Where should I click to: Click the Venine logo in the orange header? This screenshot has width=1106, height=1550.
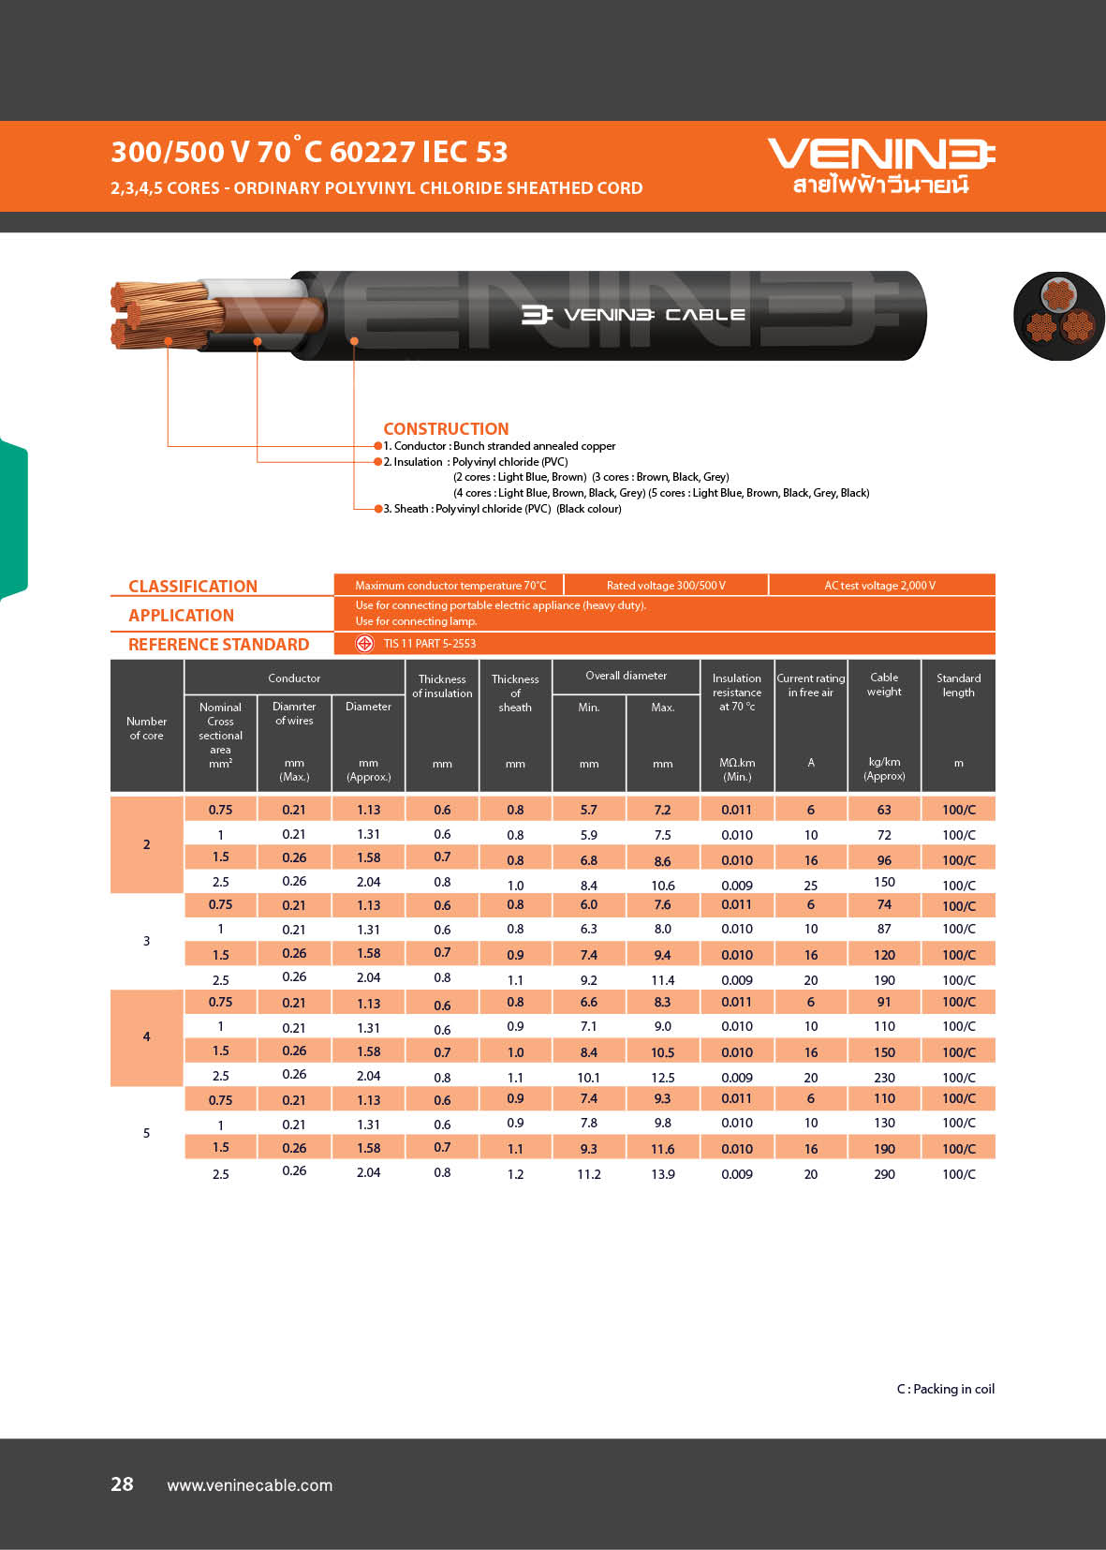[880, 165]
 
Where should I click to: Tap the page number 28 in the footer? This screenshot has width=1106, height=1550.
[122, 1483]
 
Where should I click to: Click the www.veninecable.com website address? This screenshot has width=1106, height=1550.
[249, 1485]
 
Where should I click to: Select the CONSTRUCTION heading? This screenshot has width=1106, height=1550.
[446, 428]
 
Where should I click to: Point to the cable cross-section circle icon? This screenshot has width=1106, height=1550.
[1058, 317]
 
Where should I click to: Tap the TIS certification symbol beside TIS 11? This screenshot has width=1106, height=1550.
[364, 643]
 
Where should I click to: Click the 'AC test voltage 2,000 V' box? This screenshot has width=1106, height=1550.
[879, 585]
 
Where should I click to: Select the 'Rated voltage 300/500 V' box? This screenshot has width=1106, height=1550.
[666, 585]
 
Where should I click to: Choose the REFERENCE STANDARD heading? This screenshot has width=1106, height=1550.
[218, 644]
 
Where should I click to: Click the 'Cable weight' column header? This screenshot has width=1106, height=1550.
[884, 684]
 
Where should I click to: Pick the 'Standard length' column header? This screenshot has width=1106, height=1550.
[958, 685]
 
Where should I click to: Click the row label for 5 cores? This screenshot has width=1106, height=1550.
[146, 1133]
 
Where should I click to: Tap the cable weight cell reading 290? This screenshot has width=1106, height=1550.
[884, 1173]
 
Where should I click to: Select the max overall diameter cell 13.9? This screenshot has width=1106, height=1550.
[663, 1173]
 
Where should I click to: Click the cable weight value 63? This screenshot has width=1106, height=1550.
[884, 810]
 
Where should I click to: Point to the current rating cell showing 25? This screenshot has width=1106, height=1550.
[810, 885]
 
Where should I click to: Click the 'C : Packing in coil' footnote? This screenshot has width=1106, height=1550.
[945, 1389]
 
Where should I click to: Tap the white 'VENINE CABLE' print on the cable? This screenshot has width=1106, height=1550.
[634, 315]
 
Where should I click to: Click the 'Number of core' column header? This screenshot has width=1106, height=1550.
[146, 728]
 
